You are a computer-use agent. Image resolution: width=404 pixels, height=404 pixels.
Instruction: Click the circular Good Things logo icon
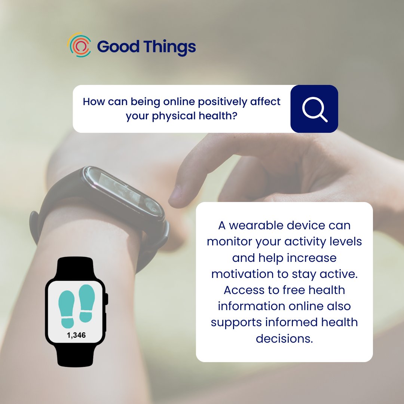(79, 45)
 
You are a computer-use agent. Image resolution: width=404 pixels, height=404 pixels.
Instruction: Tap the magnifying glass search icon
(314, 109)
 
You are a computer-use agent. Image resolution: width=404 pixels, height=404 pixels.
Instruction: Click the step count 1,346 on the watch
(76, 335)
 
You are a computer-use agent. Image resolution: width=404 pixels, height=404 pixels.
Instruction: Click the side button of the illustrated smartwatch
(107, 299)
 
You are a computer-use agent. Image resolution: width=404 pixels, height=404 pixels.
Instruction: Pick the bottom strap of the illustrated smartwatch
(76, 355)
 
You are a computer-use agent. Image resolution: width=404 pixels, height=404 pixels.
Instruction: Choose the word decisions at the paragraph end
(284, 338)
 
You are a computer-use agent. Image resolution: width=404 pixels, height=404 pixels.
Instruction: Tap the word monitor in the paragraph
(229, 242)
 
